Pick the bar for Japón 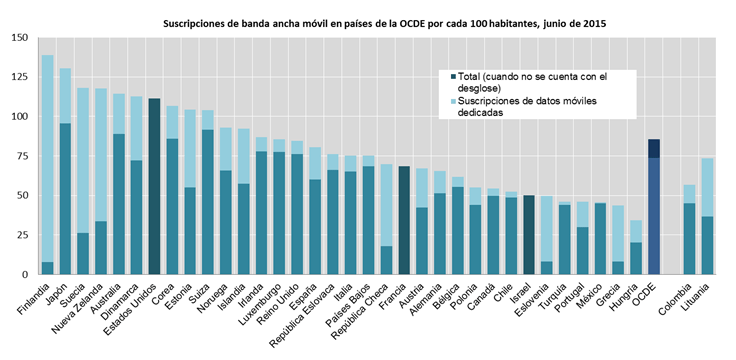click(65, 171)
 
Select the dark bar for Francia click(405, 220)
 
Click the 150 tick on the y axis click(19, 38)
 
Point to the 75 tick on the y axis click(22, 156)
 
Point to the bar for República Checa click(387, 220)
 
